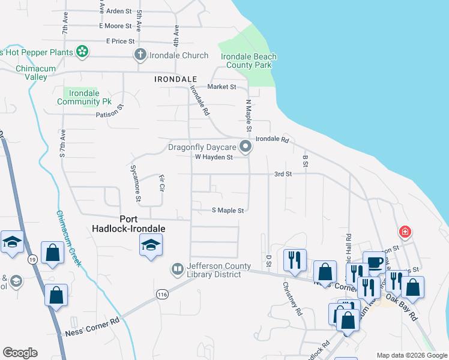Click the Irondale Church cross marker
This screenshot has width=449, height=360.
pos(140,55)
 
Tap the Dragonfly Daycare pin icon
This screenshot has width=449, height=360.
pos(245,146)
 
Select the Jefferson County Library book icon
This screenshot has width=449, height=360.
pos(178,269)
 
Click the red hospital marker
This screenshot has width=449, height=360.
pos(406,232)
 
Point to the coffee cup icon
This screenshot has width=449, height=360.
pos(375,262)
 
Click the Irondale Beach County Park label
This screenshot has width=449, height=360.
pos(249,61)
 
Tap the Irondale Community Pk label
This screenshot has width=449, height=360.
pos(85,98)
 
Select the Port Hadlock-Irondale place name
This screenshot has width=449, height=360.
pos(128,224)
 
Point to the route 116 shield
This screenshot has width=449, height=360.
pos(161,294)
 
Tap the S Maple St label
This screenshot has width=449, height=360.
pos(228,211)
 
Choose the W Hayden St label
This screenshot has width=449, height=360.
pos(214,157)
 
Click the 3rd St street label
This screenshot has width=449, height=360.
pos(283,174)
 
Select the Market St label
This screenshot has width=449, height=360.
pos(221,87)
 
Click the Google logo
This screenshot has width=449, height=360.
pos(20,353)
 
